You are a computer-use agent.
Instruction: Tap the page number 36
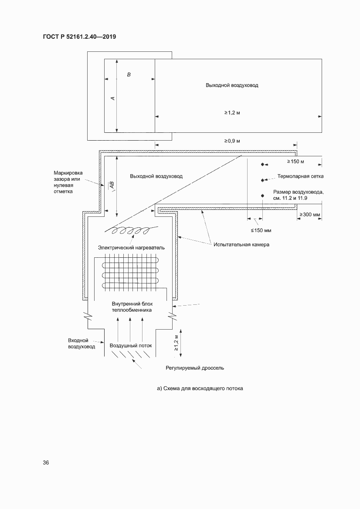46,462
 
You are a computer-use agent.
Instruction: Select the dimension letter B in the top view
129,75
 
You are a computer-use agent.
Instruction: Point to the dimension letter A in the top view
112,98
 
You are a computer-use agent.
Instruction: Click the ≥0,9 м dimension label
232,141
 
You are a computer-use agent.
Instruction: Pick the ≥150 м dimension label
295,162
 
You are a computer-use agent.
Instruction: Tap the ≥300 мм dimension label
310,215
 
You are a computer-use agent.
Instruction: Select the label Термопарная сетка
301,177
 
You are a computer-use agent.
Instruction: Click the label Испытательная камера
241,245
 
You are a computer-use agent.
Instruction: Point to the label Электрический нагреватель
131,247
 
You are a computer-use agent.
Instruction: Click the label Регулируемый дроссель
195,368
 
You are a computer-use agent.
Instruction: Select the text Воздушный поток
131,345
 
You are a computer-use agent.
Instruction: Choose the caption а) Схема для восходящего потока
200,388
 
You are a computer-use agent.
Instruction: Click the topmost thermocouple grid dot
262,165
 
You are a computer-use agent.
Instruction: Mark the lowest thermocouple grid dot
262,196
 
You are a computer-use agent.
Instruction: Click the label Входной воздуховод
82,344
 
